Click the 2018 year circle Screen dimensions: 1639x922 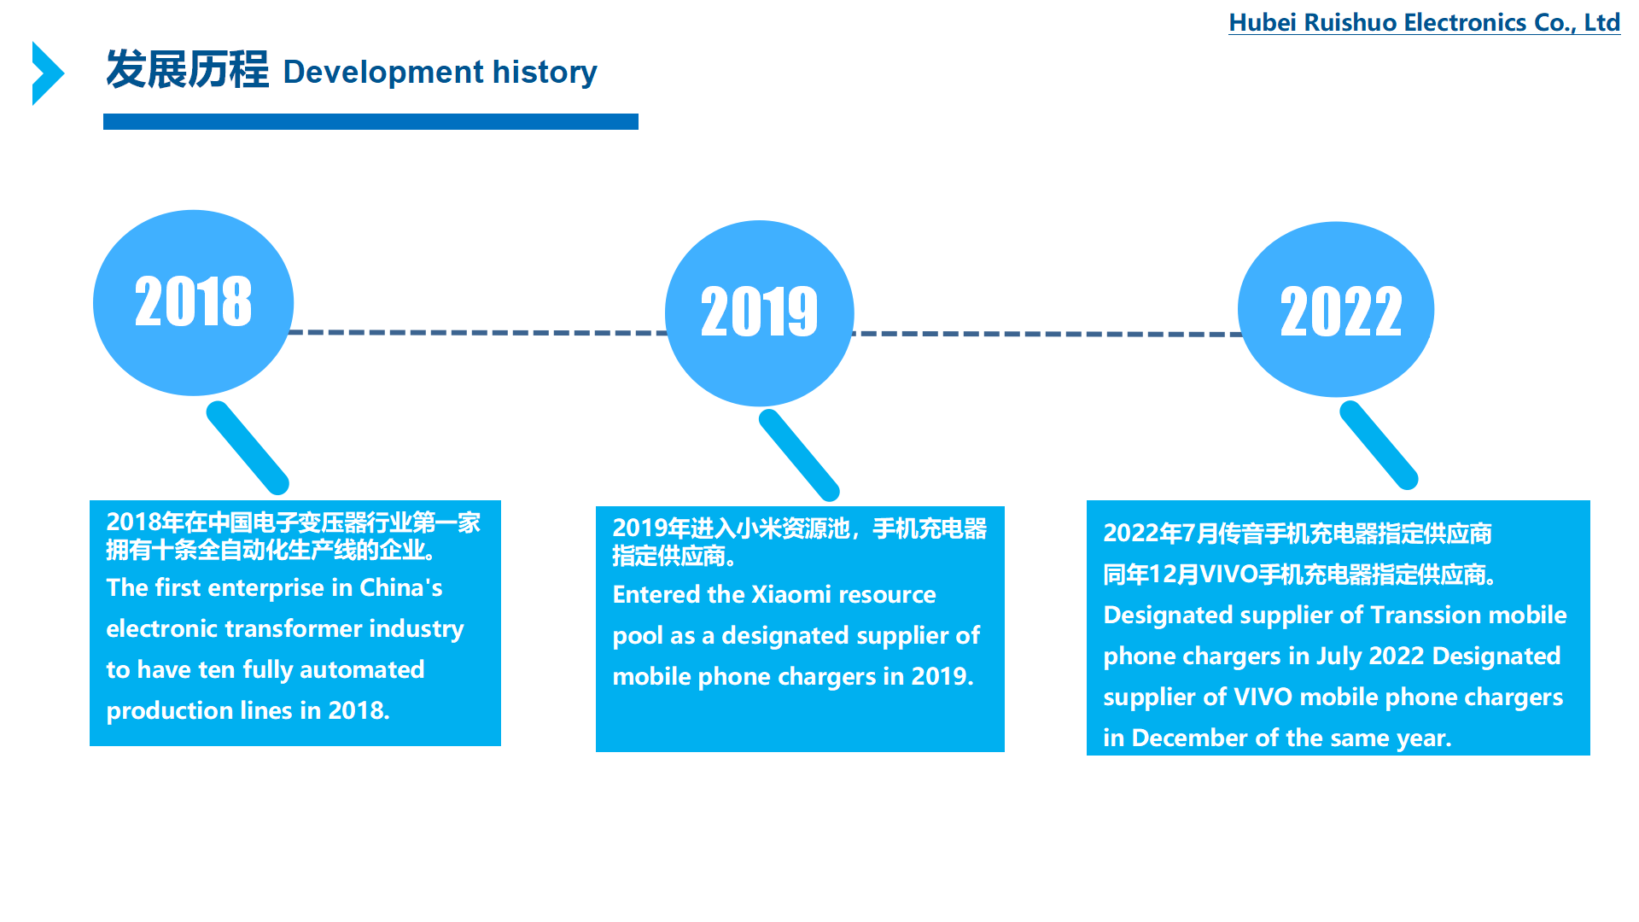[x=194, y=302]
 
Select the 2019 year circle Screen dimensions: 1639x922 [x=760, y=313]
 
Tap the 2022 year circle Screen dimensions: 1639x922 [x=1336, y=309]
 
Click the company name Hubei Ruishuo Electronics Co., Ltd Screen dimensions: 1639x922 [x=1424, y=22]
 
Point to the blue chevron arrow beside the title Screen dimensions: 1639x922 [x=48, y=73]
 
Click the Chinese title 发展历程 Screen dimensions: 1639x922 [x=187, y=70]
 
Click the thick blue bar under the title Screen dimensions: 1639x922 [x=370, y=121]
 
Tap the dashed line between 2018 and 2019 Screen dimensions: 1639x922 [x=479, y=332]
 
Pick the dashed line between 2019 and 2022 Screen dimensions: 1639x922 [x=1047, y=334]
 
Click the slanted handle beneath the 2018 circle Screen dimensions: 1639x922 [x=248, y=447]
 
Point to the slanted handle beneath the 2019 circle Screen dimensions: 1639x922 [x=800, y=455]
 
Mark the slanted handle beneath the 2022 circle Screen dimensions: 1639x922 [x=1379, y=445]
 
